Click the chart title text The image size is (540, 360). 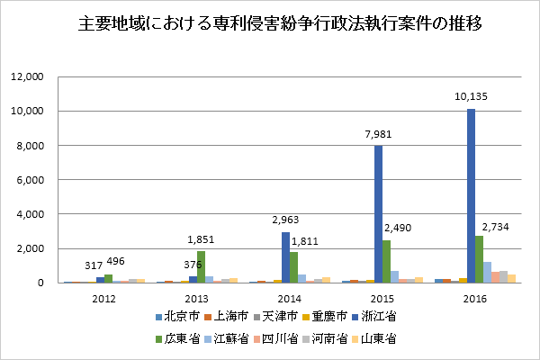[270, 25]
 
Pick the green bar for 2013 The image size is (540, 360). [202, 266]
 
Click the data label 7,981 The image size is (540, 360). [378, 134]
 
